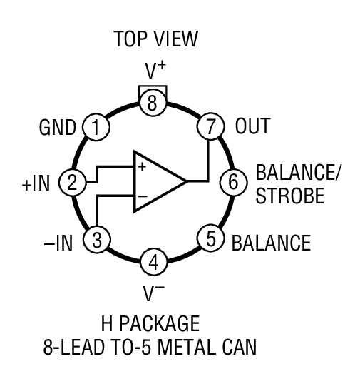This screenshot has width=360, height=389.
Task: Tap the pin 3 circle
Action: (x=96, y=238)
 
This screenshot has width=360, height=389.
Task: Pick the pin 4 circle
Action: (x=153, y=262)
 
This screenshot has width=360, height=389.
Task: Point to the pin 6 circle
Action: (x=232, y=182)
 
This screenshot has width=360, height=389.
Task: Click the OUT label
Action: (x=253, y=127)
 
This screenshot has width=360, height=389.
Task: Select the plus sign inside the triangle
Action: (x=141, y=168)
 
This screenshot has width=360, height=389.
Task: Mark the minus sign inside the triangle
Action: (x=141, y=195)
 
